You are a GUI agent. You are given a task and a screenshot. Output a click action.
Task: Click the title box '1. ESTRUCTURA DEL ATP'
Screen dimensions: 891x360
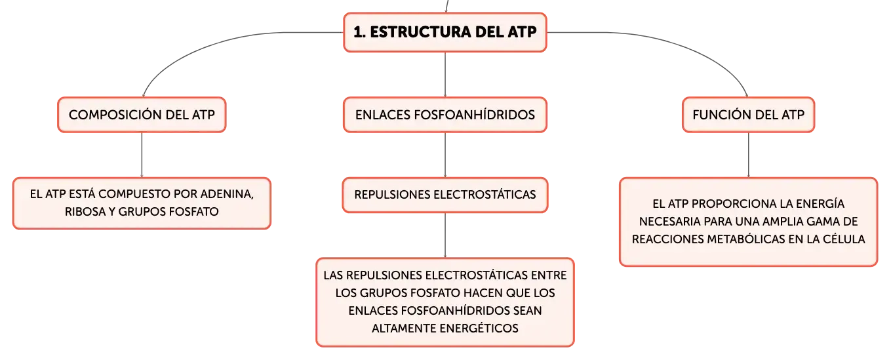point(445,32)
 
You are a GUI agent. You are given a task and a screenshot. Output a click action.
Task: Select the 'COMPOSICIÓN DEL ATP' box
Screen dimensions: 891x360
point(142,115)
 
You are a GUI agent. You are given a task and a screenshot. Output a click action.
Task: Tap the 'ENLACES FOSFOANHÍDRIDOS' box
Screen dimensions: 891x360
point(445,115)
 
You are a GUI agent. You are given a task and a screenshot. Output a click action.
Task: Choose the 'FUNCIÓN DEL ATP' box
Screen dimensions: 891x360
point(749,115)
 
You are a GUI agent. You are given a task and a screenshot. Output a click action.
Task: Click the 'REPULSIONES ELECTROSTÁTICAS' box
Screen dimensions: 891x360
point(445,195)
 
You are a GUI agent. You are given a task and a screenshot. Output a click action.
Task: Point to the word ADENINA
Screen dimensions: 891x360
point(227,194)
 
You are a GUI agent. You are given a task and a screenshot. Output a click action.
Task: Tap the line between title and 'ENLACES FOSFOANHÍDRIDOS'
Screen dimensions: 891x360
point(445,74)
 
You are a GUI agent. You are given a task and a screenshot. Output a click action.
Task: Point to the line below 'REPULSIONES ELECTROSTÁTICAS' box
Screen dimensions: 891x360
point(445,235)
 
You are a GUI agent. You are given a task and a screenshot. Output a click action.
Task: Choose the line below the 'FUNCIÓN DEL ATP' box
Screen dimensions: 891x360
point(749,155)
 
